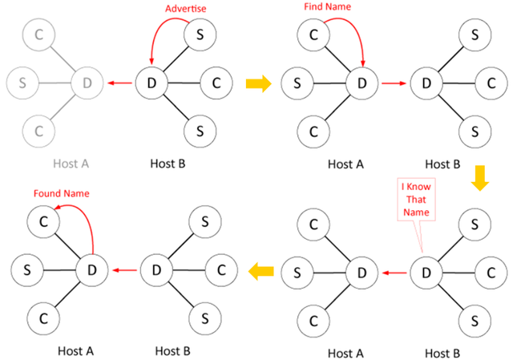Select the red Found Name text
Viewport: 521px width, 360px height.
61,194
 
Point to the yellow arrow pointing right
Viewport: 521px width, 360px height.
258,83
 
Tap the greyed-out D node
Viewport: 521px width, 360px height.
87,82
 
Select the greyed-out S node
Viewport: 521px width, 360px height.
22,82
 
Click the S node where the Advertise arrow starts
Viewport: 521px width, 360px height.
200,34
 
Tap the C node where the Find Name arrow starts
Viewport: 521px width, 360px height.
312,34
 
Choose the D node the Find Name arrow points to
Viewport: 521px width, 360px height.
361,82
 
